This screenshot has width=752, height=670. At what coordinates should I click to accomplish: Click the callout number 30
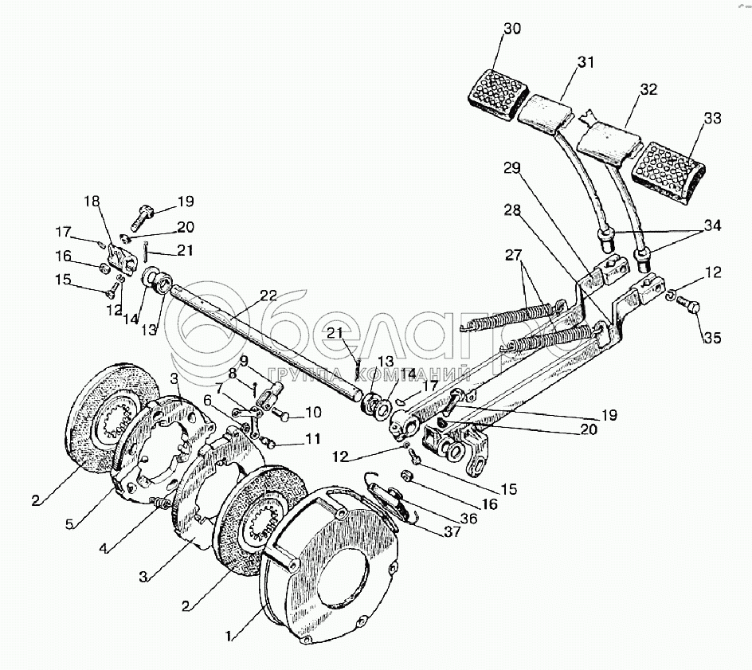512,29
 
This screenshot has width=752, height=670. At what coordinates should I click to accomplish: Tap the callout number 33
711,119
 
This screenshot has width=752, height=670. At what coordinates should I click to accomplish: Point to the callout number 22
268,296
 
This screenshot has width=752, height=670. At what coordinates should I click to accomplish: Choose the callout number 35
712,337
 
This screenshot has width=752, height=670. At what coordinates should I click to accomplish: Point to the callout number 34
711,225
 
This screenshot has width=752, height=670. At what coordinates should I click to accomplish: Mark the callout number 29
511,168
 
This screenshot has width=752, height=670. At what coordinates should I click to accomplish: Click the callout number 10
312,413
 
